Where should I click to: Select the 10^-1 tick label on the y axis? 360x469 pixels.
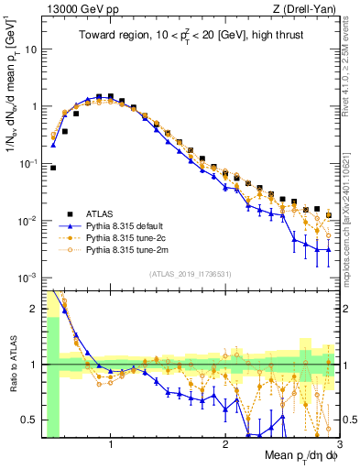click(27, 163)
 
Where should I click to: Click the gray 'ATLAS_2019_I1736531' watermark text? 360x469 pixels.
click(191, 273)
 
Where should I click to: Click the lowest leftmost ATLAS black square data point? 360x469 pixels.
click(53, 168)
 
